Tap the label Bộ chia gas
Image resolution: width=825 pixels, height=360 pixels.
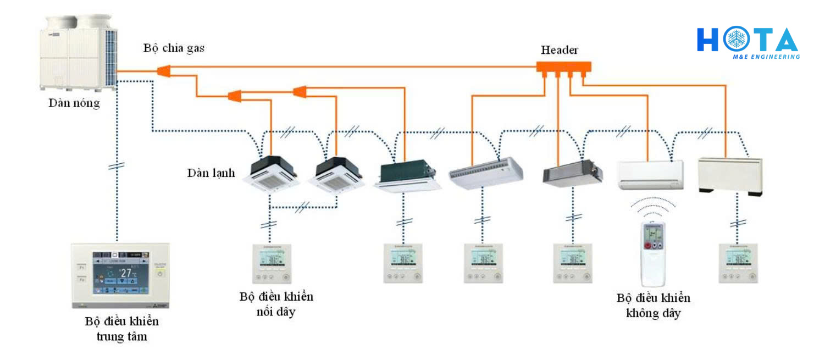(x=174, y=48)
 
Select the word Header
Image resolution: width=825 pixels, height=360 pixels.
(x=560, y=50)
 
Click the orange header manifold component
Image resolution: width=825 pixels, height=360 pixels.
(x=564, y=67)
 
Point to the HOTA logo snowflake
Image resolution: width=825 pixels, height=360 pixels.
(x=737, y=40)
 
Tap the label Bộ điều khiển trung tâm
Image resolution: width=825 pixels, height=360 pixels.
(x=122, y=329)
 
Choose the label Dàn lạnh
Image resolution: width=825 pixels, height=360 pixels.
(x=211, y=173)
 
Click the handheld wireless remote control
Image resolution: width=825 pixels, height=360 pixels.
(x=653, y=253)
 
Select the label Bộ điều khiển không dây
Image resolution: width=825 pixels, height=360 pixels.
(x=654, y=306)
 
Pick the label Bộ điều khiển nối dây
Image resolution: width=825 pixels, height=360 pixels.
(x=276, y=304)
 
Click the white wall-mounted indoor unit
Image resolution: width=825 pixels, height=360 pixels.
(x=650, y=174)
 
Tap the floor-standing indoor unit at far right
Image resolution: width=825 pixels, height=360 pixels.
(x=730, y=175)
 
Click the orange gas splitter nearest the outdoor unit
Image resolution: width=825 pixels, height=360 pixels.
(x=164, y=71)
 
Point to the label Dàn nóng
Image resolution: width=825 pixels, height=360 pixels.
(x=74, y=103)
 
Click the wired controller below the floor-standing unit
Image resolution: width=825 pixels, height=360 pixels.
(x=738, y=263)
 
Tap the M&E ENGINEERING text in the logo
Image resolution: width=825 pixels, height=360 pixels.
(x=766, y=57)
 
